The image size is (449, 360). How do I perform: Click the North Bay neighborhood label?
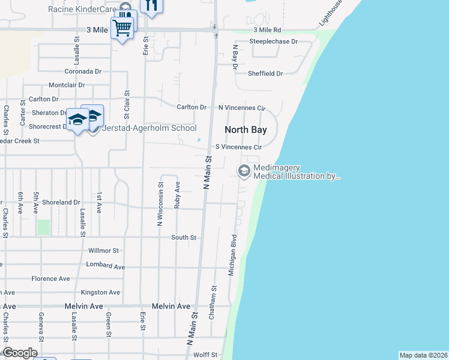[246, 130]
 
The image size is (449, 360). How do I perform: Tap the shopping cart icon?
[122, 27]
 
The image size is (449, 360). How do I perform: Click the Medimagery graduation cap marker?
[244, 172]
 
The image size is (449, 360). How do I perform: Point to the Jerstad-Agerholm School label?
[150, 128]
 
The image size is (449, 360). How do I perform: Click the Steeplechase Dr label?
[274, 41]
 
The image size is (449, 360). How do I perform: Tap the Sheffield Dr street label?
[265, 73]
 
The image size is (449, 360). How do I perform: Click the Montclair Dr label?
[67, 85]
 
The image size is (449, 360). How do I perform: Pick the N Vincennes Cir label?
[241, 107]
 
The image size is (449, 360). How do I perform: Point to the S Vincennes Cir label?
[239, 147]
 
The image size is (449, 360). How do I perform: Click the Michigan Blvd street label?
[232, 255]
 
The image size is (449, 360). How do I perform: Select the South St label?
[184, 238]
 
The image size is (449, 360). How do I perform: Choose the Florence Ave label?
[51, 278]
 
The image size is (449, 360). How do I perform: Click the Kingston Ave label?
[100, 292]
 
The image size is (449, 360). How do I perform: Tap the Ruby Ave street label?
[178, 195]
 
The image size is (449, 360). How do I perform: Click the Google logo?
[19, 353]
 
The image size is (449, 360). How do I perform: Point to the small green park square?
[44, 227]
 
